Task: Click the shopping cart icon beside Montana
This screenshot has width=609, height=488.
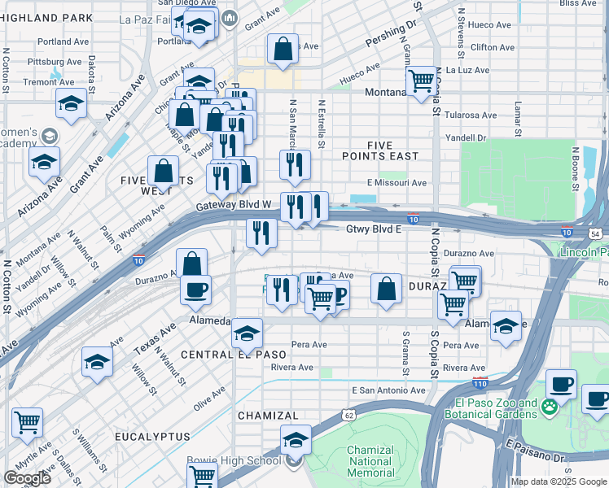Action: pos(421,81)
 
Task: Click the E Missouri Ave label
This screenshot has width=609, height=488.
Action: pos(397,183)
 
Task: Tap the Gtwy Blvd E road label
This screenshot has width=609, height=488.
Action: pos(375,229)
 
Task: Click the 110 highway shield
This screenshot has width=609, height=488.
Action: pos(480,381)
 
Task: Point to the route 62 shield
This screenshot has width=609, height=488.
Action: pos(348,415)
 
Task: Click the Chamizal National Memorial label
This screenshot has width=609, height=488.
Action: pos(370,460)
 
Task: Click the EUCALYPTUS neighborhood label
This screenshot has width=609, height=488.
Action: pos(152,437)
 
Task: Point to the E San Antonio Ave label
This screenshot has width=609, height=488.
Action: pos(388,390)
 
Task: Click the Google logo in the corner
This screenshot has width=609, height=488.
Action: pos(27,478)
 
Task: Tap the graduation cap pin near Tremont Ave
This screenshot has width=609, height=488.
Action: pos(72,103)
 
